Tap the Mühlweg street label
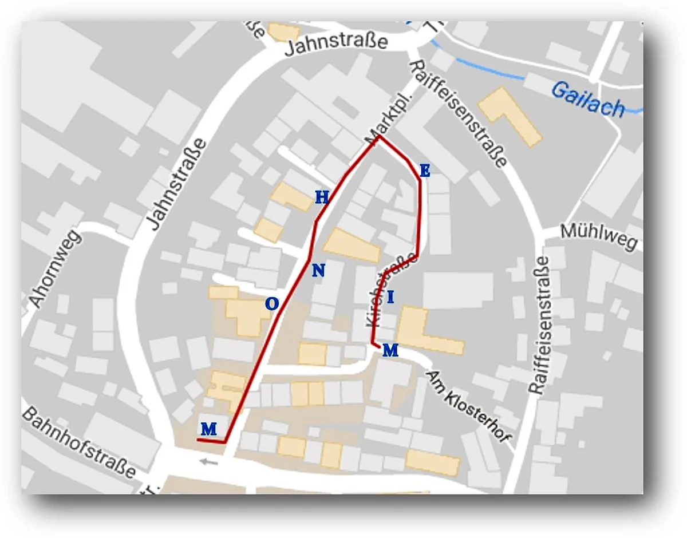(x=599, y=236)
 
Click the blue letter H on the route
(x=322, y=198)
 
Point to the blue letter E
(x=424, y=171)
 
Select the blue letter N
(x=318, y=271)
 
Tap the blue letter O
(x=272, y=304)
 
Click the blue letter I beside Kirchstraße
(x=390, y=298)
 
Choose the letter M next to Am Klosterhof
(x=390, y=350)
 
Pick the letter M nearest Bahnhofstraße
(x=209, y=429)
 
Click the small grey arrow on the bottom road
(x=208, y=461)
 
